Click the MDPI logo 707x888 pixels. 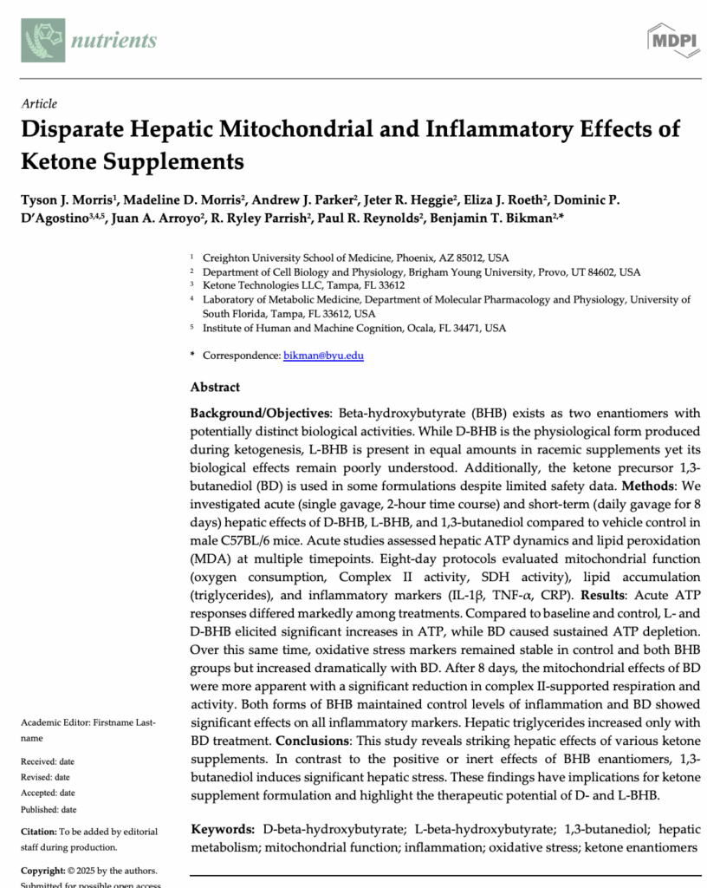(672, 39)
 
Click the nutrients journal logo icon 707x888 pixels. (42, 40)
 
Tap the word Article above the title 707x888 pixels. (39, 103)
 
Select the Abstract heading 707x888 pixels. (215, 387)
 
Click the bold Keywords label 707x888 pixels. (223, 829)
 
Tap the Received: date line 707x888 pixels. (46, 761)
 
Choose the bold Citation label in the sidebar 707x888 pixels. (40, 832)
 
